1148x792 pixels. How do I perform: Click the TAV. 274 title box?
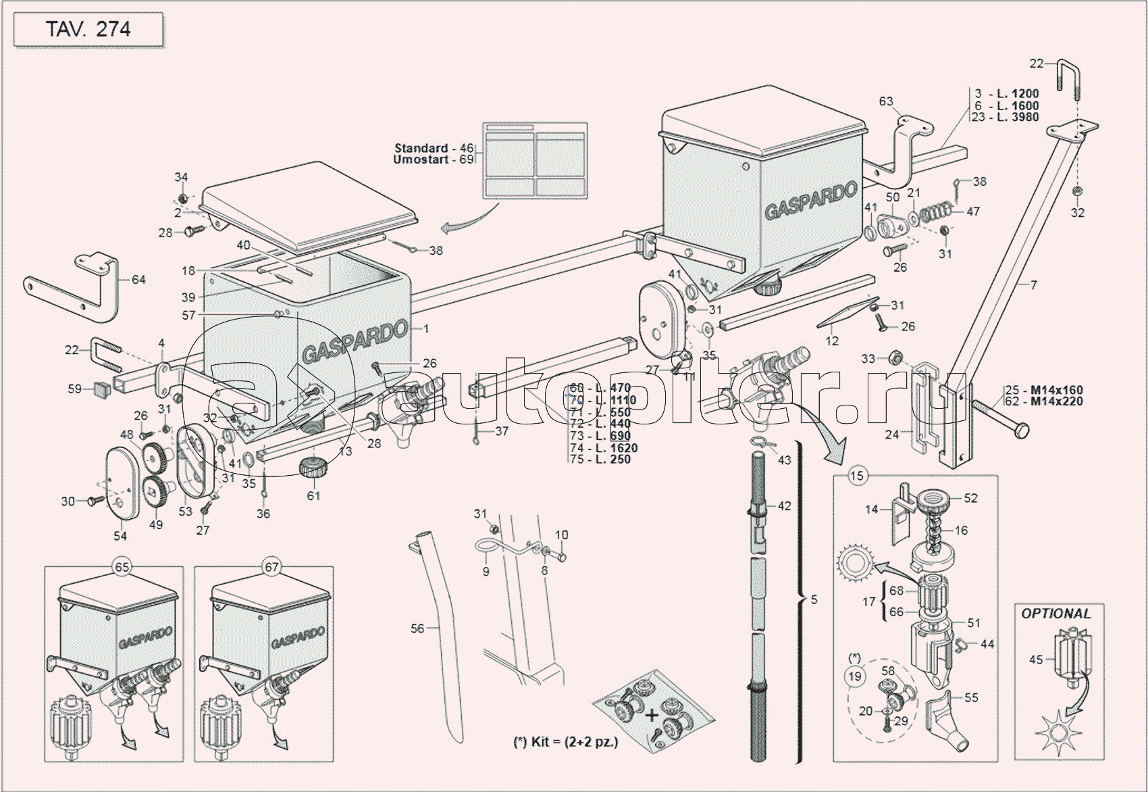(88, 30)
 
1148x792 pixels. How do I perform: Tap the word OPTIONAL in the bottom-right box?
(1055, 614)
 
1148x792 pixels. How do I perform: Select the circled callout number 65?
(122, 567)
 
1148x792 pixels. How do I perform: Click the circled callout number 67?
(271, 567)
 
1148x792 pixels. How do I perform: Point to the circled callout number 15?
(856, 476)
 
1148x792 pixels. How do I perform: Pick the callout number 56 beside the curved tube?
(417, 628)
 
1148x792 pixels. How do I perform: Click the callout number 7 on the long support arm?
(1033, 285)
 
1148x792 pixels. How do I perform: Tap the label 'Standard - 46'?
(434, 148)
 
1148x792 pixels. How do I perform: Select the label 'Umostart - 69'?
(433, 159)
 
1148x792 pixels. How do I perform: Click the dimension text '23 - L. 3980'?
(1005, 117)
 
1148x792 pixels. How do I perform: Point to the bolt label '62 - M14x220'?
(1043, 401)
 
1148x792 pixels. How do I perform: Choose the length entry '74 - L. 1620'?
(603, 447)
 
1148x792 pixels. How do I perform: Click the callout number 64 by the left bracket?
(138, 279)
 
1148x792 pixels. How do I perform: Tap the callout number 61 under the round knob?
(313, 495)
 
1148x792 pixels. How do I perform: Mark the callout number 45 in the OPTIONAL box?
(1036, 659)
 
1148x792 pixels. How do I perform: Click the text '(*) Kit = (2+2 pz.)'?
(565, 741)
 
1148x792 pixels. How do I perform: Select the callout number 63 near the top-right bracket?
(886, 101)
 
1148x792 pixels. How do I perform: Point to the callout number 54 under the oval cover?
(120, 536)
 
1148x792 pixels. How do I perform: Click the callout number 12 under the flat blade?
(832, 341)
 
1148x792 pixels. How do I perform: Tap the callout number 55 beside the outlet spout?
(971, 697)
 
